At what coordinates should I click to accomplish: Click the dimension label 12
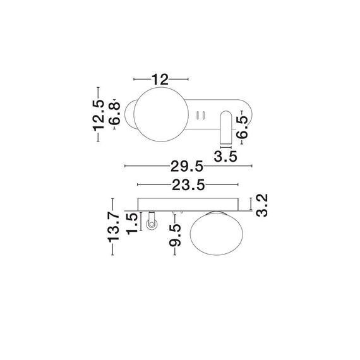point(161,79)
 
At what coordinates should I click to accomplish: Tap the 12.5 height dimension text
point(98,116)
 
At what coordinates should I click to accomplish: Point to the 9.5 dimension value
point(176,236)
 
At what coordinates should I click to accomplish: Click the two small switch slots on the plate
point(202,115)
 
